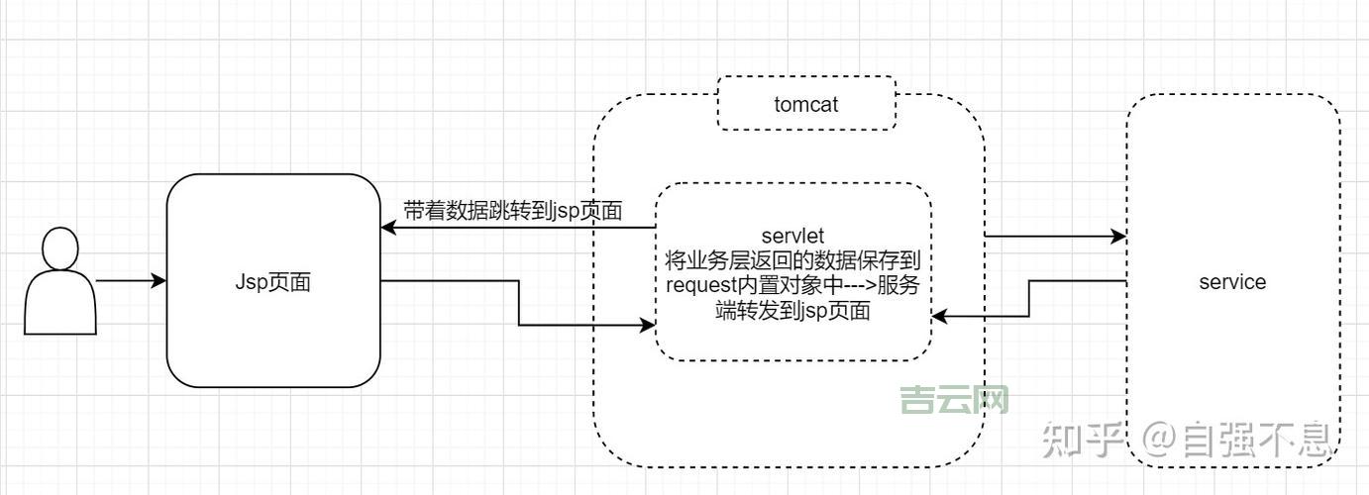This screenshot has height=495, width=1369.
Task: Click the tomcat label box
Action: tap(806, 103)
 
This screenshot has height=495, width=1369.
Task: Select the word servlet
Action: tap(792, 237)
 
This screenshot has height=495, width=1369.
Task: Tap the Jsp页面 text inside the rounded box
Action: tap(273, 282)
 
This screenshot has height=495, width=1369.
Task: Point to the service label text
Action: tap(1232, 282)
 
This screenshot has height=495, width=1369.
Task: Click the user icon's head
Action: tap(60, 249)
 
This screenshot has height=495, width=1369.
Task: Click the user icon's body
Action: tap(60, 304)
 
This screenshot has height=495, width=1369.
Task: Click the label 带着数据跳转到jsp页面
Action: tap(512, 210)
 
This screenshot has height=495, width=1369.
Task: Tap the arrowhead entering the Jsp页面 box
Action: tap(388, 228)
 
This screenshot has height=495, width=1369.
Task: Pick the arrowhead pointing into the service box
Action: tap(1119, 237)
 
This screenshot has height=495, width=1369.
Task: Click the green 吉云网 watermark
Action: tap(954, 400)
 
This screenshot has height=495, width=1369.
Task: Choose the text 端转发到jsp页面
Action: tap(792, 311)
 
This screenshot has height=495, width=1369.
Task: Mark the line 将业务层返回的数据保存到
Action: tap(792, 261)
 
